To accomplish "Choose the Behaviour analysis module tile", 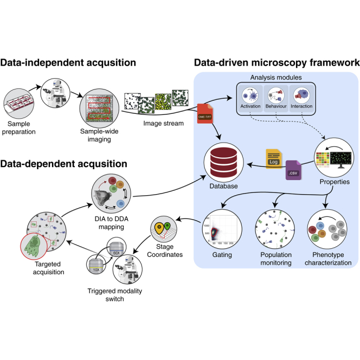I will click(275, 97).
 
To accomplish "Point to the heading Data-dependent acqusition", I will click(64, 163).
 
